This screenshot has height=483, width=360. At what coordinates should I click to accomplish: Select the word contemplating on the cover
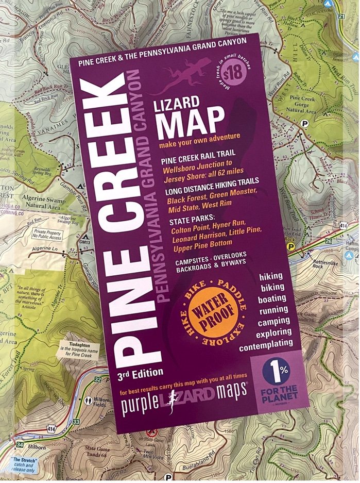(265, 343)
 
